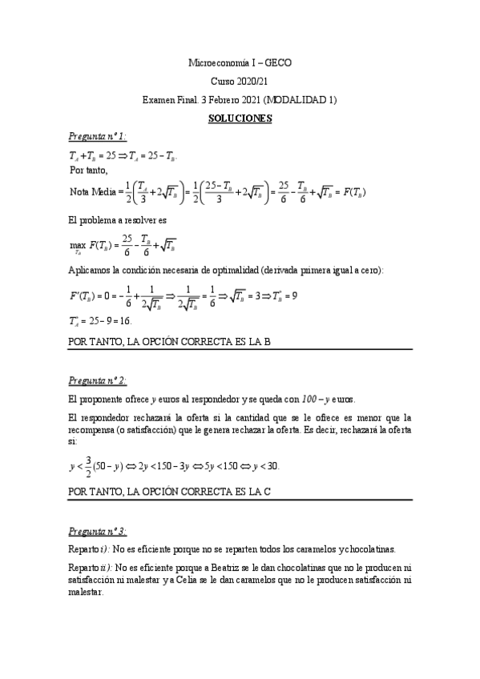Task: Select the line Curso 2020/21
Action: (240, 81)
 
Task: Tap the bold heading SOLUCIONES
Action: (240, 119)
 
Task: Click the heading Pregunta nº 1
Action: (98, 138)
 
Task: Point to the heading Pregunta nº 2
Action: (98, 380)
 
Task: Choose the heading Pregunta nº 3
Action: (98, 531)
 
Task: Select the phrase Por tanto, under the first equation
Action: (88, 171)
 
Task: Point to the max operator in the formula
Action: (78, 243)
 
